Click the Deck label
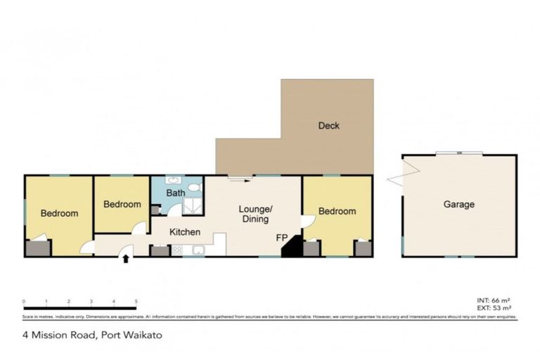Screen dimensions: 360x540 coord(328,126)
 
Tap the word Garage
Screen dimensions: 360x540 coord(458,205)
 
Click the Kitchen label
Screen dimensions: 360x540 coord(184,232)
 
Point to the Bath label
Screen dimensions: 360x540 coord(175,193)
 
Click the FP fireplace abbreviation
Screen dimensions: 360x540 coord(281,238)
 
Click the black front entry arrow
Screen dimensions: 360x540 coord(126,259)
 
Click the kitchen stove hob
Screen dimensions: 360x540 coord(176,250)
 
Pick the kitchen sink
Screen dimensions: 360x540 coord(198,250)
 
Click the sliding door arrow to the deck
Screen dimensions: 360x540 coord(239,180)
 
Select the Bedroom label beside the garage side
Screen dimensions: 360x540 coord(337,211)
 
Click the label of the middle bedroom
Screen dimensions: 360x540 coord(122,205)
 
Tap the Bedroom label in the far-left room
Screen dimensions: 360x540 coord(58,214)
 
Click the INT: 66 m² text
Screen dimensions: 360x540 coord(494,300)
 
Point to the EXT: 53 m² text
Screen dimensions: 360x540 coord(494,308)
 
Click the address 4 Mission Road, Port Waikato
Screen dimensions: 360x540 coord(93,335)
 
